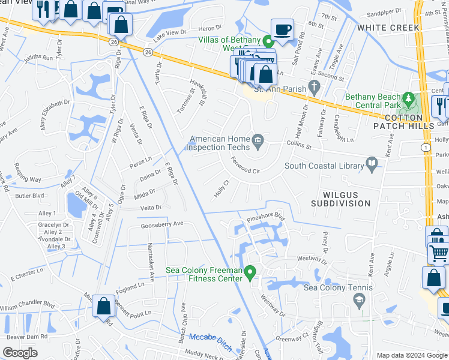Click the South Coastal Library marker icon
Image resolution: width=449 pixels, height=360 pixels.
point(372,163)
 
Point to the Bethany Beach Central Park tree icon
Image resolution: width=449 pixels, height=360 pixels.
point(409,98)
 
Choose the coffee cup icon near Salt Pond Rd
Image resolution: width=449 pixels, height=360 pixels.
point(282,28)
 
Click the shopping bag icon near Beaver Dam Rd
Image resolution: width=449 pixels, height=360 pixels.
point(104,305)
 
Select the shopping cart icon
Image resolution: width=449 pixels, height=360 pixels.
point(439,254)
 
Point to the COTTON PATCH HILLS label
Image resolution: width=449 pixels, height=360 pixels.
point(403,122)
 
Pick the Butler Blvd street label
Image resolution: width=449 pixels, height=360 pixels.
point(30,196)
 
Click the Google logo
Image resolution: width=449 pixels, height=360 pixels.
point(20,353)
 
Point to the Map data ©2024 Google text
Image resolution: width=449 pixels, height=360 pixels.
point(412,355)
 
